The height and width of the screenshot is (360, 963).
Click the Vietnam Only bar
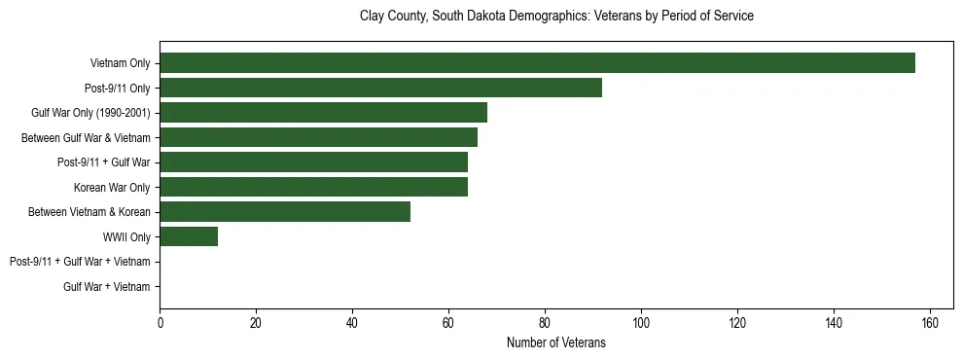click(x=537, y=63)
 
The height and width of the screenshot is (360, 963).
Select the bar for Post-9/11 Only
click(x=380, y=88)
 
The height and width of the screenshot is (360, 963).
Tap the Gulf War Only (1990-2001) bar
click(x=323, y=113)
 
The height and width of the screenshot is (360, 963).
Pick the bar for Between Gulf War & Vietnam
click(x=318, y=137)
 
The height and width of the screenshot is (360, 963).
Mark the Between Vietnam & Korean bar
click(x=285, y=212)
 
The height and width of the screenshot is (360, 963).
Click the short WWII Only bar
click(x=189, y=236)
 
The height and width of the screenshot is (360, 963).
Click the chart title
click(x=556, y=17)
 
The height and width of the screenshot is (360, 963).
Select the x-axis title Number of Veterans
click(x=556, y=342)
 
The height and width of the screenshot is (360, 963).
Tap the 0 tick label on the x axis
click(x=160, y=323)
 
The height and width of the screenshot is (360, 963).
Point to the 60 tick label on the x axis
click(x=448, y=323)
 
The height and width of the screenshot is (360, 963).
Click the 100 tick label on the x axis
click(x=641, y=323)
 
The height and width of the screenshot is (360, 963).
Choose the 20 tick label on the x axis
click(x=256, y=323)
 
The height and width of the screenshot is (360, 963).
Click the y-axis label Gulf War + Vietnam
click(x=107, y=286)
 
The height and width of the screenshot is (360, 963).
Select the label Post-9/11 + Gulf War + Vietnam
click(x=80, y=262)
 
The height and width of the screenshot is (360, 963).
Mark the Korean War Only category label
click(x=112, y=187)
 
